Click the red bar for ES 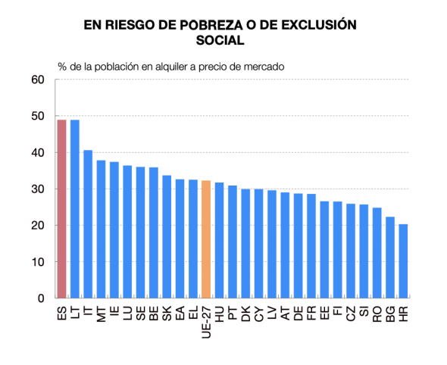pyautogui.click(x=62, y=209)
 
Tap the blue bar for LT pyautogui.click(x=75, y=209)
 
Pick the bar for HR pyautogui.click(x=403, y=261)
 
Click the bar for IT pyautogui.click(x=88, y=224)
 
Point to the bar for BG pyautogui.click(x=390, y=257)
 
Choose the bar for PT pyautogui.click(x=233, y=242)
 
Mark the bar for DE pyautogui.click(x=298, y=246)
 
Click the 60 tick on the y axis pyautogui.click(x=39, y=80)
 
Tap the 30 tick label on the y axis pyautogui.click(x=39, y=189)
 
